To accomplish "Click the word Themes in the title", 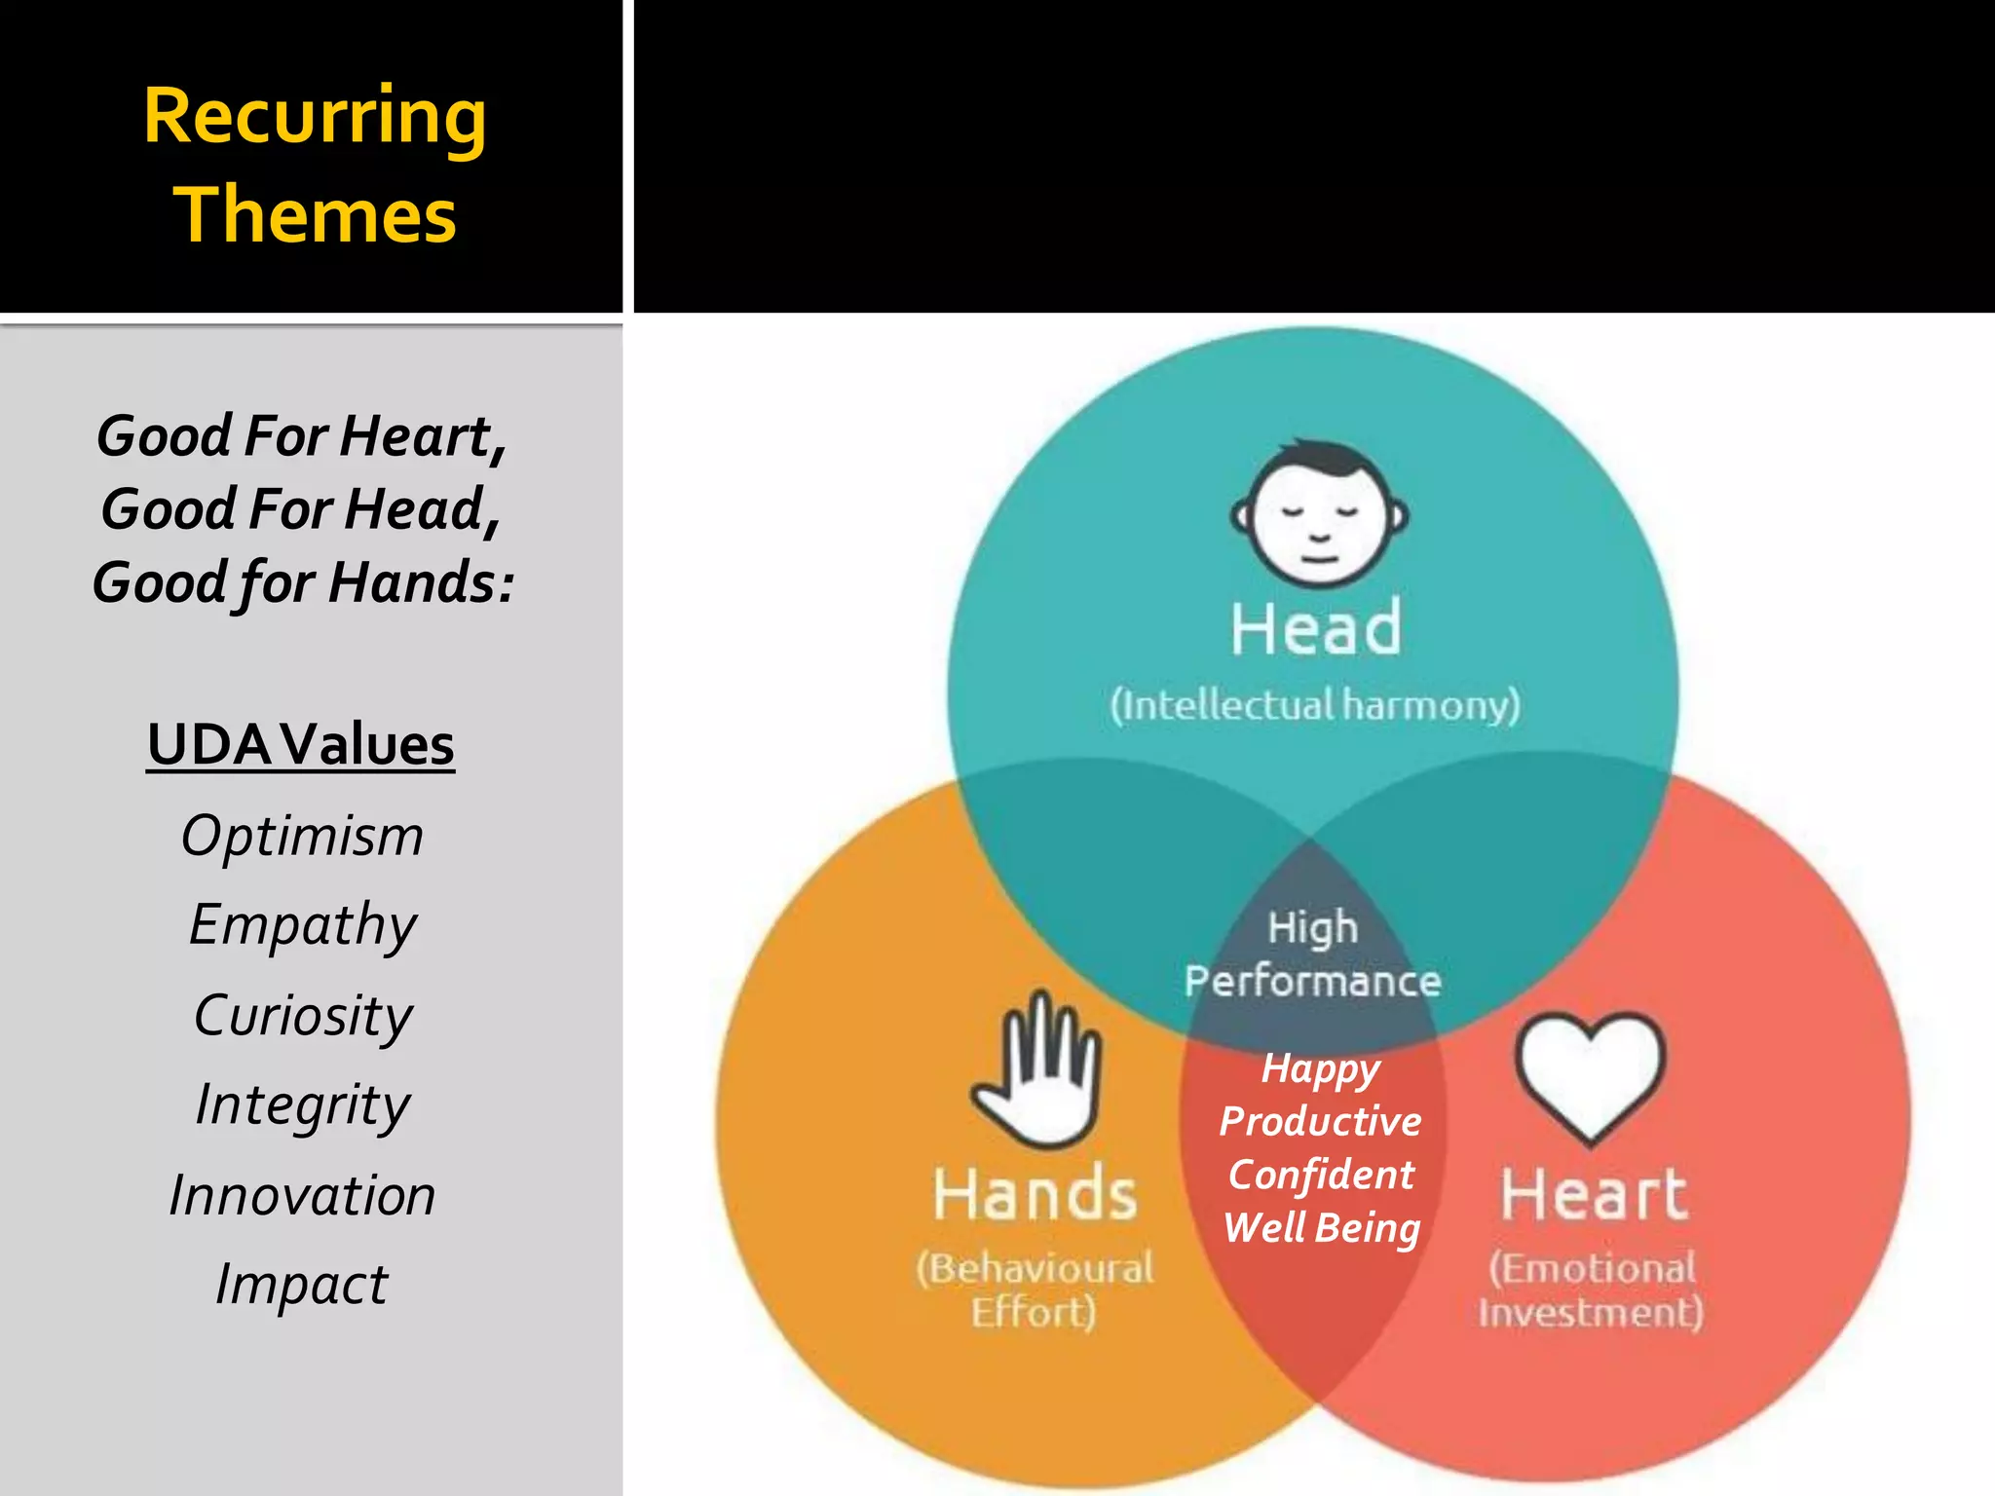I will (315, 215).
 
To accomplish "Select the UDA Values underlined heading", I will (301, 745).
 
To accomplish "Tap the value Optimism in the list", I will (302, 836).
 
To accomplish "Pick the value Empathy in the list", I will (303, 924).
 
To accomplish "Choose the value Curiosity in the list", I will (303, 1015).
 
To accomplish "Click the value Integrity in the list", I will (303, 1104).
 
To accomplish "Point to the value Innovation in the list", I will (302, 1195).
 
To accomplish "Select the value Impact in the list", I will (301, 1284).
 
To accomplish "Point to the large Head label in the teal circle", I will (1316, 628).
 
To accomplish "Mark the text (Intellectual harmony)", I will (1315, 704).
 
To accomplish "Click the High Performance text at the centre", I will (1312, 954).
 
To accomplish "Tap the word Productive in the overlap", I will (1320, 1121).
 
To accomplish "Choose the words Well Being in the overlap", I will (1321, 1227).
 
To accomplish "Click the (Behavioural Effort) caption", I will (1035, 1290).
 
